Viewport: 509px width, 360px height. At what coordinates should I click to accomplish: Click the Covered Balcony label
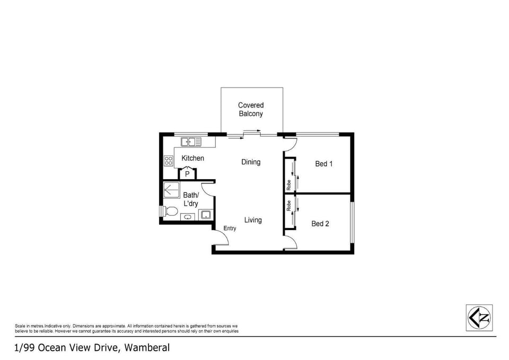251,109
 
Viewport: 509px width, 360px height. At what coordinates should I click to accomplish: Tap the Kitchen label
193,158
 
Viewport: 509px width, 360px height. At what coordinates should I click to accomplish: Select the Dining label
251,162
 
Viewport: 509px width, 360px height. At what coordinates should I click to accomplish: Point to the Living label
253,220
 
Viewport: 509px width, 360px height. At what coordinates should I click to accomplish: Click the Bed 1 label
323,164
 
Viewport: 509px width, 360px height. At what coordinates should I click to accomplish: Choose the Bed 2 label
320,224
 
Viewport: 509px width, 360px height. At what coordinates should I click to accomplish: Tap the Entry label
230,229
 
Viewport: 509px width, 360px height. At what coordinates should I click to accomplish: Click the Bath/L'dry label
191,199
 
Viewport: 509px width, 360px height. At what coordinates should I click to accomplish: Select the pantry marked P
187,173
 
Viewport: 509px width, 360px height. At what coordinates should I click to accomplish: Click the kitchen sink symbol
191,142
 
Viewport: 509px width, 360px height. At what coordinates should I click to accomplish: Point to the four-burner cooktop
168,161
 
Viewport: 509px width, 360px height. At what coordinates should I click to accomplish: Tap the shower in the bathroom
171,190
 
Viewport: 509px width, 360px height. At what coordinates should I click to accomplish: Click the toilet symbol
169,212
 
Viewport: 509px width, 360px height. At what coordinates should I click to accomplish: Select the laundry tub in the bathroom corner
206,214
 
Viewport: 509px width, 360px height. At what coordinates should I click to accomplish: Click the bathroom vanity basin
187,217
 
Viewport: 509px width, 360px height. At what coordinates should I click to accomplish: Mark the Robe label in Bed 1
288,185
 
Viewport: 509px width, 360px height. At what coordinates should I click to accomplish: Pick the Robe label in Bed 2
288,206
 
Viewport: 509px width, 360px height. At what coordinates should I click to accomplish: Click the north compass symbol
479,318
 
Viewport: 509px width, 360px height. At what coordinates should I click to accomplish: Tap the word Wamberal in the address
147,348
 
